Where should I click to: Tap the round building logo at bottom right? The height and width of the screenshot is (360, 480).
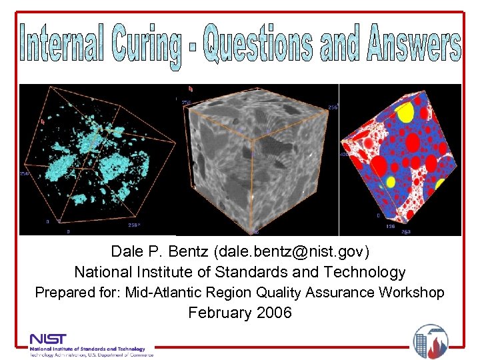(x=430, y=341)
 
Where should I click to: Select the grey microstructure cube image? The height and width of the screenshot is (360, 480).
(x=257, y=160)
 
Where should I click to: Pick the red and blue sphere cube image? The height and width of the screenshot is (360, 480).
(x=400, y=160)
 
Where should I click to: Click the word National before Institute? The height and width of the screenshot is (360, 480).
(x=103, y=272)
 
